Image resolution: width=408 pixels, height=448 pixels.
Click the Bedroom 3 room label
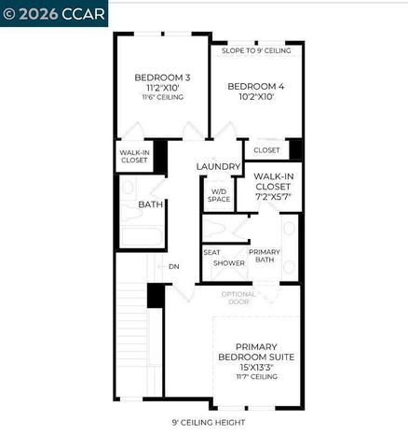point(162,77)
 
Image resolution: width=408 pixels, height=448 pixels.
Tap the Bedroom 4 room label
point(256,85)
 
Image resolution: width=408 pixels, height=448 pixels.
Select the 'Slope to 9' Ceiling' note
point(256,50)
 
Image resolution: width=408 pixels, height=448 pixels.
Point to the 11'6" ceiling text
point(162,97)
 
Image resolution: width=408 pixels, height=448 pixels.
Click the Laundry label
point(219,167)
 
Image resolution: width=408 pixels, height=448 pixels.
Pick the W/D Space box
point(219,194)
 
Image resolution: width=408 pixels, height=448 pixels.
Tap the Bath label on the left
point(151,203)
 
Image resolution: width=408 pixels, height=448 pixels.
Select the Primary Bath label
point(265,256)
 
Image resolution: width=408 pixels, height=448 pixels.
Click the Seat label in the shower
point(211,251)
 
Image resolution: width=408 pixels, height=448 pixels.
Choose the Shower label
point(229,263)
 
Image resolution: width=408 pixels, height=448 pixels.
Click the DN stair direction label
point(173,267)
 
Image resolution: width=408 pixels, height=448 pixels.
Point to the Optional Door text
point(238,298)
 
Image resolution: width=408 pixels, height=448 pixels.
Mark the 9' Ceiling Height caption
point(209,422)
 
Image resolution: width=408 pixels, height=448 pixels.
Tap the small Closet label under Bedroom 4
point(266,149)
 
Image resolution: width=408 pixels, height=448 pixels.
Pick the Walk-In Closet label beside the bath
point(134,156)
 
